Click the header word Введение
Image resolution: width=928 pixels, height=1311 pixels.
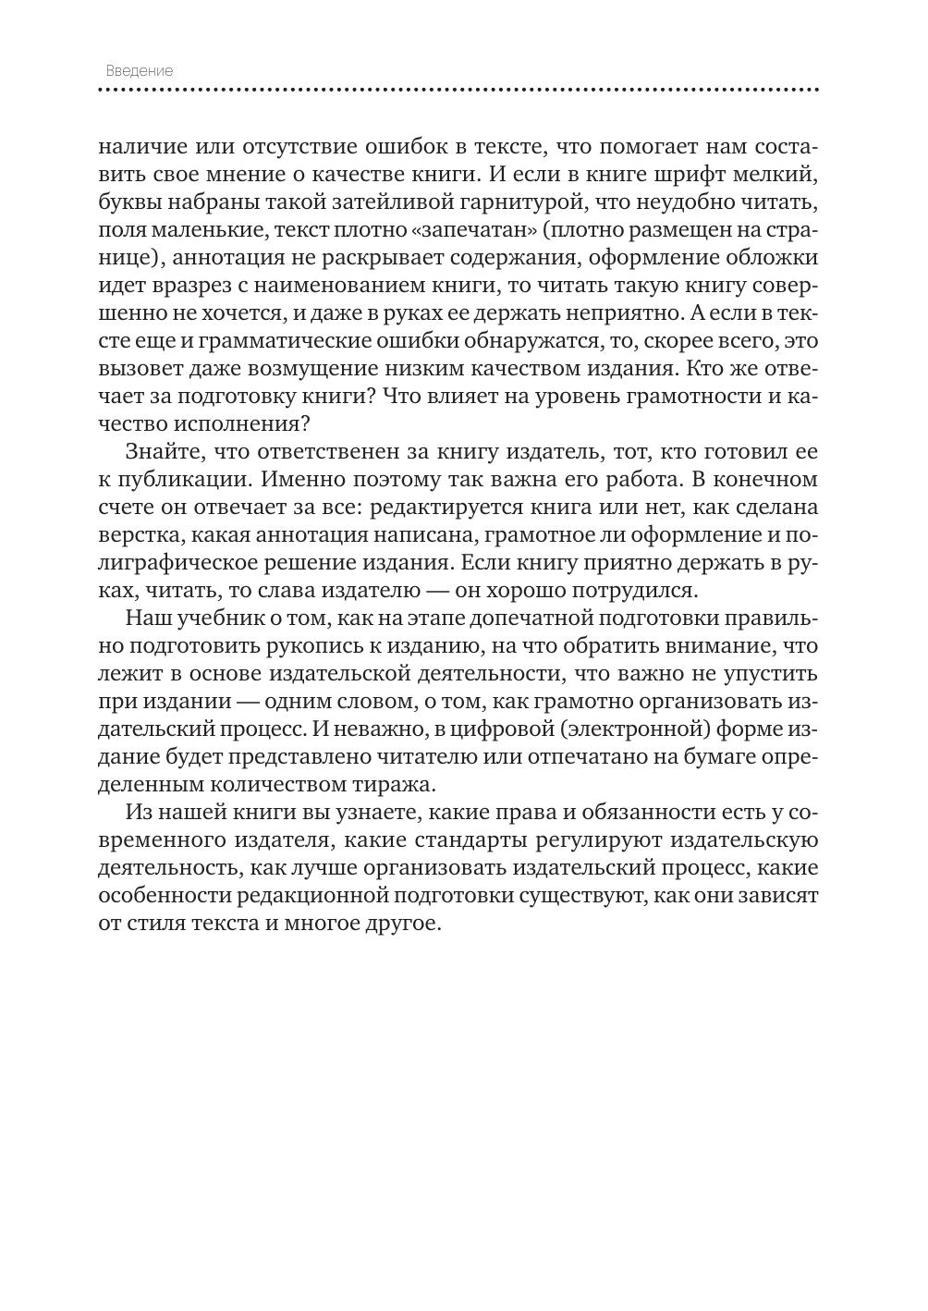139,71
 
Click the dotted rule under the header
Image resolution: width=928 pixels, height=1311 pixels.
458,91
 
